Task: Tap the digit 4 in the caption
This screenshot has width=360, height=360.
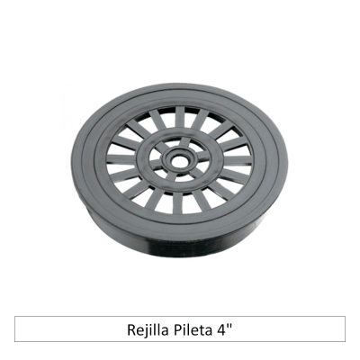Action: pyautogui.click(x=221, y=328)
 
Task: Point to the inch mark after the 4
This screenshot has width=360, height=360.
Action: pyautogui.click(x=229, y=324)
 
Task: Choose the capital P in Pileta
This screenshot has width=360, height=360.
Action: pyautogui.click(x=177, y=328)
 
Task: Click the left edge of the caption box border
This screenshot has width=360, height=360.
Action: pyautogui.click(x=16, y=328)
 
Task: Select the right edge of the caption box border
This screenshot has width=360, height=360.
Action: pyautogui.click(x=345, y=328)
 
